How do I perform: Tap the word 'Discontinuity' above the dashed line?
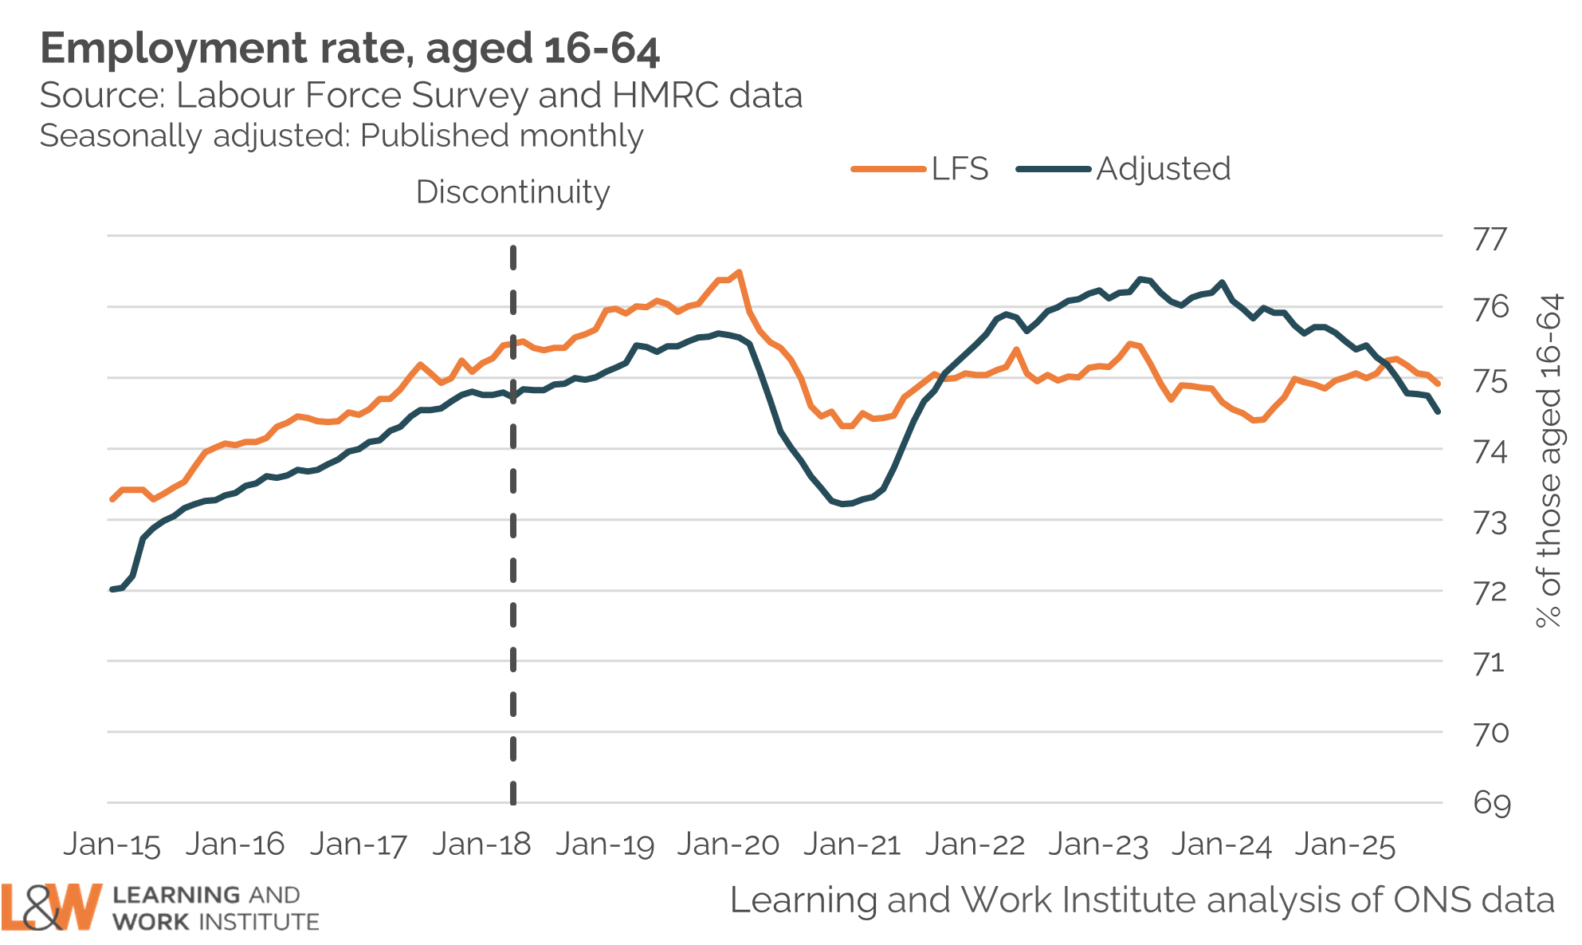[x=512, y=192]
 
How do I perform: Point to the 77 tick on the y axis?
[x=1490, y=239]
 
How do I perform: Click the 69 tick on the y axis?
[x=1491, y=803]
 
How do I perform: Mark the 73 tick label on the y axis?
[x=1490, y=523]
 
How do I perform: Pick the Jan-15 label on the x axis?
[x=112, y=845]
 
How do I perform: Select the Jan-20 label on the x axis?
[x=728, y=845]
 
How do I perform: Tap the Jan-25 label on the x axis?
[x=1345, y=845]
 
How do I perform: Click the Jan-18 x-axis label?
[x=481, y=845]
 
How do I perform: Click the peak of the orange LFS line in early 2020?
[x=739, y=273]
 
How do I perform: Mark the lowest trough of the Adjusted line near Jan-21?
[x=844, y=504]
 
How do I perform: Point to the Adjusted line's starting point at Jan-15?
[x=112, y=589]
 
